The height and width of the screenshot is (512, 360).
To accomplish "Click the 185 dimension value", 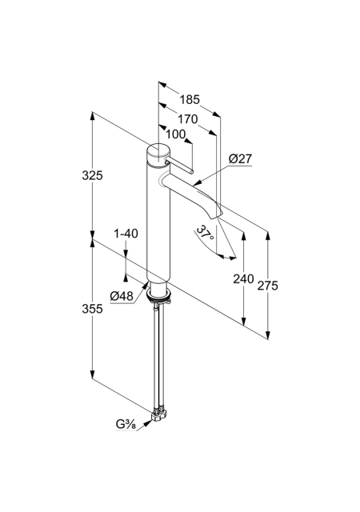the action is (x=190, y=99).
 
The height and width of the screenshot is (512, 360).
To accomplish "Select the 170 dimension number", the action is (x=187, y=119).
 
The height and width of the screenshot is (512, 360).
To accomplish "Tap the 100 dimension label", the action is (x=175, y=134).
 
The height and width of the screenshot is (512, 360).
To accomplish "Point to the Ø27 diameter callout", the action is (x=241, y=159).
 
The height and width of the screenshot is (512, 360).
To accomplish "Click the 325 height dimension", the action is (x=92, y=175).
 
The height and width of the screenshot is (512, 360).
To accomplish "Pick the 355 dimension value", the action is (x=92, y=309).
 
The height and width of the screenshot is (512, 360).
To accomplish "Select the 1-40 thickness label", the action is (x=126, y=234).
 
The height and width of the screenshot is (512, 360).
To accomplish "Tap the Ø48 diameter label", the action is (x=122, y=296).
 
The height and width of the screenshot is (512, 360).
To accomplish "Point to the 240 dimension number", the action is (x=243, y=279).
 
